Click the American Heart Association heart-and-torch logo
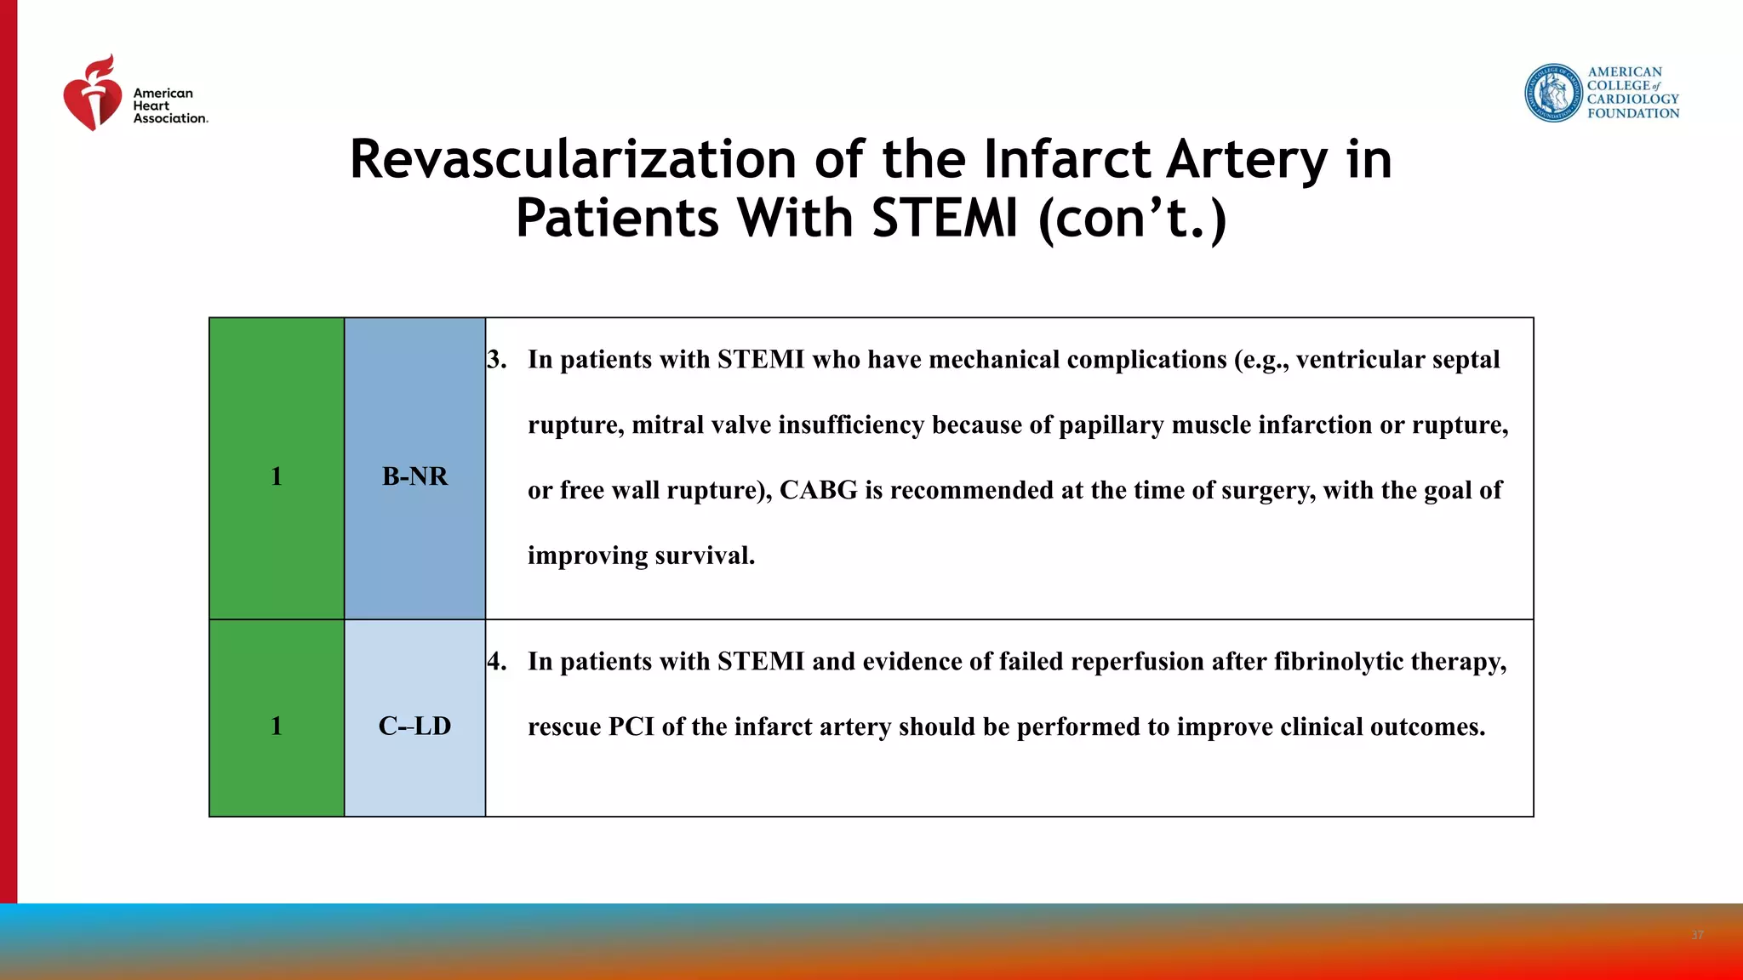point(92,94)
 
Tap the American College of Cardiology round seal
point(1552,93)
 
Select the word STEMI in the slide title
point(945,218)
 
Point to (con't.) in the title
point(1133,218)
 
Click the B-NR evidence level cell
point(414,476)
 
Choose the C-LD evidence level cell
point(414,726)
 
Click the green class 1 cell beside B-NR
point(277,476)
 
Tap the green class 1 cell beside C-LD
point(277,726)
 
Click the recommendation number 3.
point(496,360)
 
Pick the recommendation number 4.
point(496,662)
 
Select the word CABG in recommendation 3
point(818,491)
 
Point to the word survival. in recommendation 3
point(706,556)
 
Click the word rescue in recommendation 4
point(564,727)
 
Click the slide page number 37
point(1697,935)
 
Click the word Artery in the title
point(1246,159)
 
